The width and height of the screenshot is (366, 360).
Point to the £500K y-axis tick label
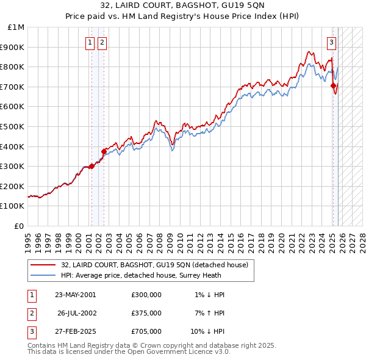point(13,127)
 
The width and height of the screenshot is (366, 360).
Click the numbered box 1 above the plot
point(90,42)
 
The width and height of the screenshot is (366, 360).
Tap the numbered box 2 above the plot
point(101,42)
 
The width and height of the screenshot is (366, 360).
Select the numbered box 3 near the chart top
point(331,42)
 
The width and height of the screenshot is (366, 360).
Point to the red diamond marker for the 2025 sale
point(334,86)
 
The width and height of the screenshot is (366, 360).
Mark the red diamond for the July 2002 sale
point(104,151)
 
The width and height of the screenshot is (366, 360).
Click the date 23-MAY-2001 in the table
point(75,295)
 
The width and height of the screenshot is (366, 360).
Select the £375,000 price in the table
point(146,313)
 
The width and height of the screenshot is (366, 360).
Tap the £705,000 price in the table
point(146,331)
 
